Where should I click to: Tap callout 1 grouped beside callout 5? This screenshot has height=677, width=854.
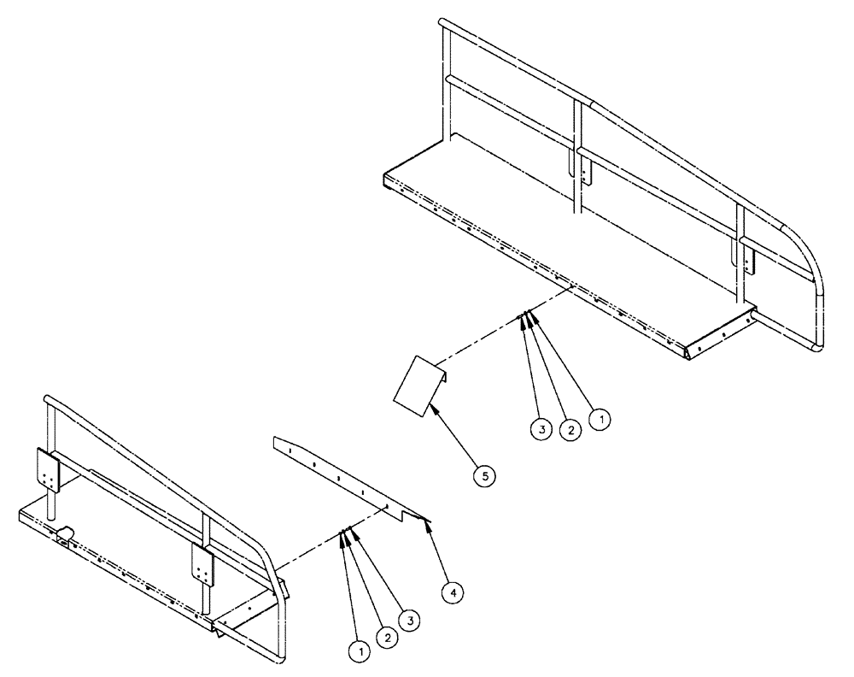[602, 419]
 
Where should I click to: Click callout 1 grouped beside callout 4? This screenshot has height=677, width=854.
[360, 652]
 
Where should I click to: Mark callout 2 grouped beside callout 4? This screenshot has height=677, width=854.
[389, 636]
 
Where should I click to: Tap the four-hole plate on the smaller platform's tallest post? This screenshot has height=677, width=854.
[47, 470]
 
